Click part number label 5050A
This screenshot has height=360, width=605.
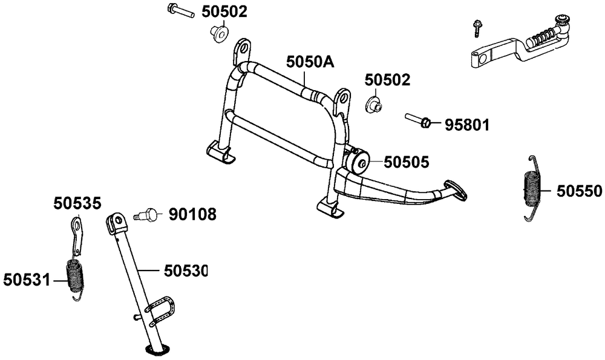[x=310, y=61]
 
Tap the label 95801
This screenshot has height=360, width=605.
[x=467, y=125]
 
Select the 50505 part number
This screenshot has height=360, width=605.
[x=407, y=162]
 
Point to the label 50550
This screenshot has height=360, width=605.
[x=579, y=191]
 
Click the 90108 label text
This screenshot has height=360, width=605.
[x=192, y=215]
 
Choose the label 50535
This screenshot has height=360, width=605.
[x=77, y=203]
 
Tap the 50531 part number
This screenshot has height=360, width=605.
[x=27, y=280]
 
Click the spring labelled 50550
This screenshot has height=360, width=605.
[x=533, y=188]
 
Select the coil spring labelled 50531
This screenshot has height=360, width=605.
[x=76, y=277]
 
